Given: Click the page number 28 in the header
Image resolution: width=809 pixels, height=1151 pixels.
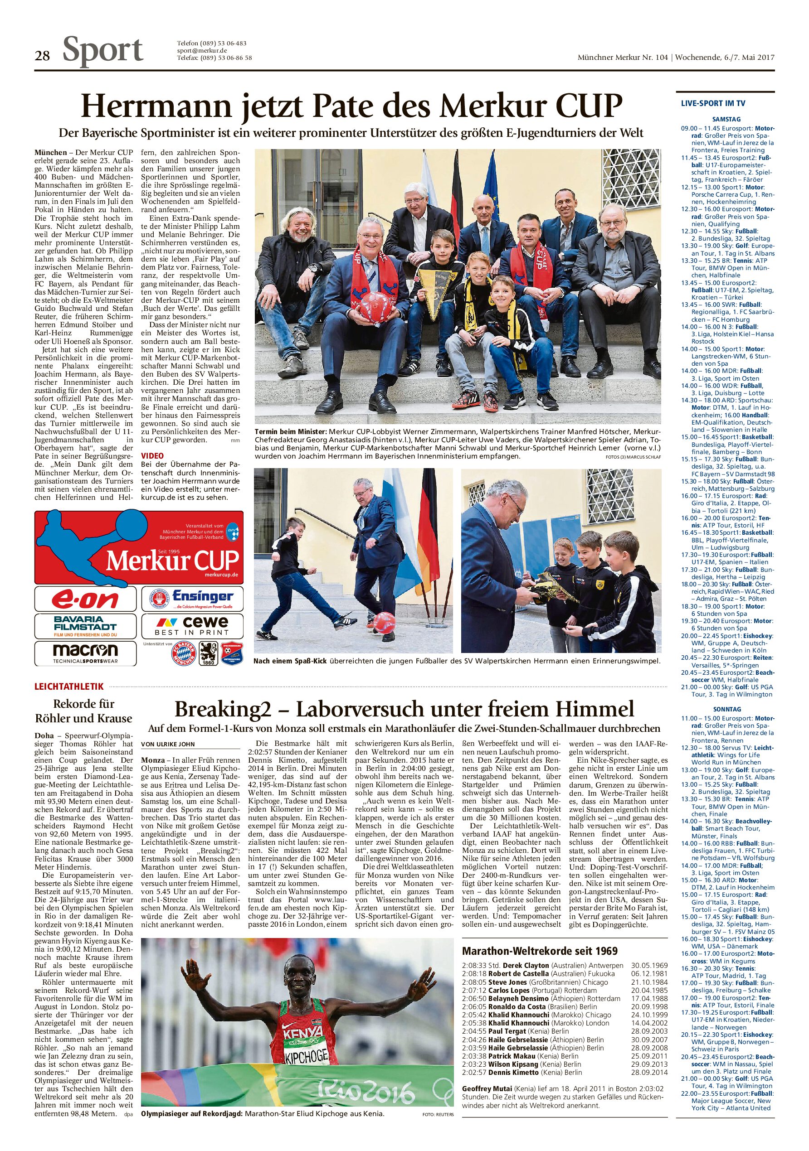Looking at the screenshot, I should (42, 56).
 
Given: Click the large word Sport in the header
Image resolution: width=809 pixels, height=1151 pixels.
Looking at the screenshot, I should (103, 51).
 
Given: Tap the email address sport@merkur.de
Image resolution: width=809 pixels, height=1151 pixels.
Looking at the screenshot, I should (202, 51).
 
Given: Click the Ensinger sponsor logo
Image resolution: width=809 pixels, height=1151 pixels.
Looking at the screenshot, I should (192, 599).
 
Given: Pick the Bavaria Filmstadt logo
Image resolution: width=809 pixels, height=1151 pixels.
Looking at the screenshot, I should (85, 626).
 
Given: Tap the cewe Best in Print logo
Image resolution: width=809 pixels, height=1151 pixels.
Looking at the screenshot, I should (192, 626).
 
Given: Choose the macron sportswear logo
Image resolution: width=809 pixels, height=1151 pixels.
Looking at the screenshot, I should (85, 653).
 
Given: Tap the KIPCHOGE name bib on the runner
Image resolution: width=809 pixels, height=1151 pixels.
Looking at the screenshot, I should (306, 1057).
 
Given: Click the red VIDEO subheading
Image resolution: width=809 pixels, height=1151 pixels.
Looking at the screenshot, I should (152, 456).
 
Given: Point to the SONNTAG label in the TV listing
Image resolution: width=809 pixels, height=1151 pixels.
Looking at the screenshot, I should (726, 709).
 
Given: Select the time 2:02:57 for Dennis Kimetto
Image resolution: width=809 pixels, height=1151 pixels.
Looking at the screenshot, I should (473, 1072).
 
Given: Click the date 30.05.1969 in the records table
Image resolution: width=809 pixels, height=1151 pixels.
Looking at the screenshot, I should (649, 965).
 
